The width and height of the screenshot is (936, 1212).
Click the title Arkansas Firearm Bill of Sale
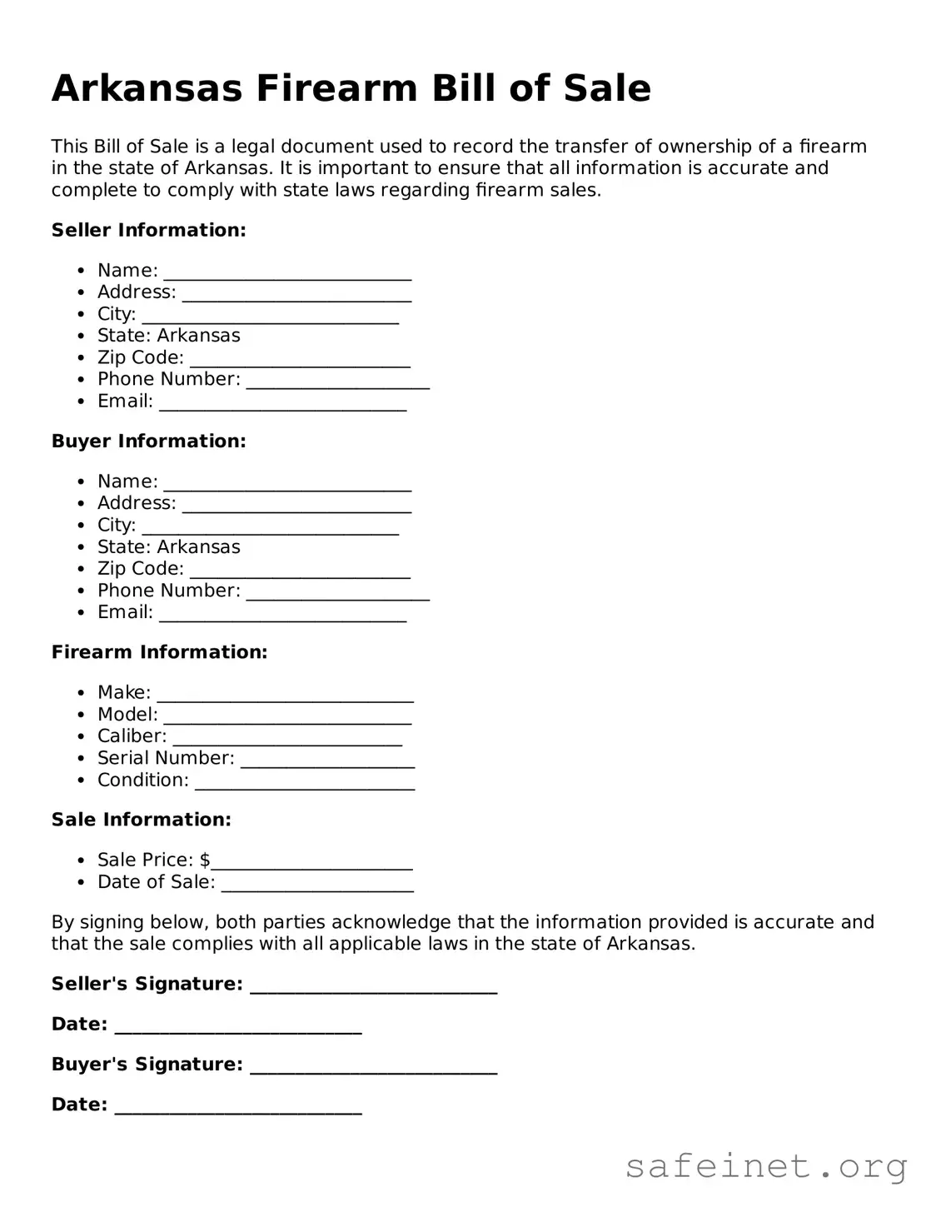click(351, 88)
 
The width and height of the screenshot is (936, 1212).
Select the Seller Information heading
click(148, 230)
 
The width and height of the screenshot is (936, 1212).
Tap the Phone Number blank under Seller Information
click(337, 382)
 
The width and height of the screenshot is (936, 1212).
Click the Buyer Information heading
click(148, 441)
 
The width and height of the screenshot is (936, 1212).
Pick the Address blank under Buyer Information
click(296, 506)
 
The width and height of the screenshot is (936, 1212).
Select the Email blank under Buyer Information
click(282, 616)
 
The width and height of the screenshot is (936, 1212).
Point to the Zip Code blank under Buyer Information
click(300, 571)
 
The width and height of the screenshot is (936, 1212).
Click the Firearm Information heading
click(159, 652)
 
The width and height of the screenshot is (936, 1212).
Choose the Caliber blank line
click(287, 740)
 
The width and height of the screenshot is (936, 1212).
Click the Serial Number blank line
click(327, 761)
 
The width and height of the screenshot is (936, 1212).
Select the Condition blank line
click(305, 783)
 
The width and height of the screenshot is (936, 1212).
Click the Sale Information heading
click(141, 820)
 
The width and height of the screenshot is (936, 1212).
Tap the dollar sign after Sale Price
click(205, 860)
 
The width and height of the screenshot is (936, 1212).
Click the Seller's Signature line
click(373, 987)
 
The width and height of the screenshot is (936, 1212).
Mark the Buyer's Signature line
click(373, 1068)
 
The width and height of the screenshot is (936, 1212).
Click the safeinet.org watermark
click(765, 1166)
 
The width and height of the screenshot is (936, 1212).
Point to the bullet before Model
click(81, 715)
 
